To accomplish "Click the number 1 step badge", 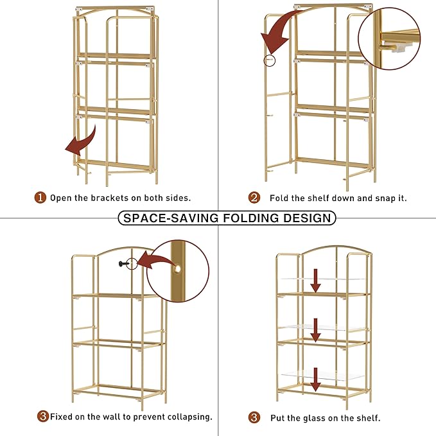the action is pos(40,198).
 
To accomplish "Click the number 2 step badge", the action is pos(254,198).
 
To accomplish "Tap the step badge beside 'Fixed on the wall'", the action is pos(43,416).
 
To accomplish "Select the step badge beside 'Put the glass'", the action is pos(254,417).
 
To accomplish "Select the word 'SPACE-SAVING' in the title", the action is pos(171,218).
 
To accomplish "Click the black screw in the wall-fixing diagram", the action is pos(124,264).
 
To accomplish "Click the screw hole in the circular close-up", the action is pos(177,269).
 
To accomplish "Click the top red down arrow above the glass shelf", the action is pos(315,281).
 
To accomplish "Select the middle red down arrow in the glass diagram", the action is pos(315,330).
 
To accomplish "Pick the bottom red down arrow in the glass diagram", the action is pos(315,379).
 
